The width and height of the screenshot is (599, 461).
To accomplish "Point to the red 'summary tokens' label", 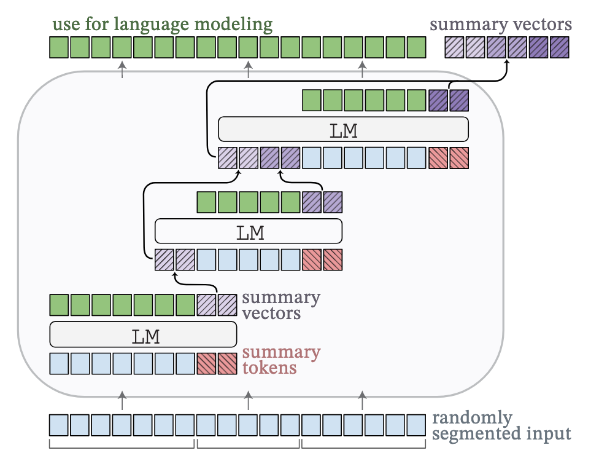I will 281,360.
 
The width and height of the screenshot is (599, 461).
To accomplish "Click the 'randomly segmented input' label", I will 501,426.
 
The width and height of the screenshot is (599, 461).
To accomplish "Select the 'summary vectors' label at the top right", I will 501,25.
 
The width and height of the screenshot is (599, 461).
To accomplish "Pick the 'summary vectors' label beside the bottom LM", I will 281,305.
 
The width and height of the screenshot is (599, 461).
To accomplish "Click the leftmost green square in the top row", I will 59,47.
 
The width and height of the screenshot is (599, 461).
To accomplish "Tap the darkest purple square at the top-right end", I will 559,47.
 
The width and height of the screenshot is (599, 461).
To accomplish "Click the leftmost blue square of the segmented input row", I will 59,425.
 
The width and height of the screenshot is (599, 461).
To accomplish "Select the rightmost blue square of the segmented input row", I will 415,425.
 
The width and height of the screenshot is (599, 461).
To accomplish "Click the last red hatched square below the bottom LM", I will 227,364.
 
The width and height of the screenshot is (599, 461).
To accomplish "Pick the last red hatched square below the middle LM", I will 333,260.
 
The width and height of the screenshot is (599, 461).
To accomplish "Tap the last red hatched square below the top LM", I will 458,158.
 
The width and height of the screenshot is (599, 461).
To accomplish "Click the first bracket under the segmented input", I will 122,444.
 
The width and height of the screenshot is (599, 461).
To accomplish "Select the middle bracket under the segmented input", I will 248,444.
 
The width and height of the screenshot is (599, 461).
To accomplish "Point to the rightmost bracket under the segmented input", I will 363,444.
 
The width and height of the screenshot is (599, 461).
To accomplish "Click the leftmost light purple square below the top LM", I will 227,158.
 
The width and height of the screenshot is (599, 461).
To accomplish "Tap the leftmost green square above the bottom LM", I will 59,305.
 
